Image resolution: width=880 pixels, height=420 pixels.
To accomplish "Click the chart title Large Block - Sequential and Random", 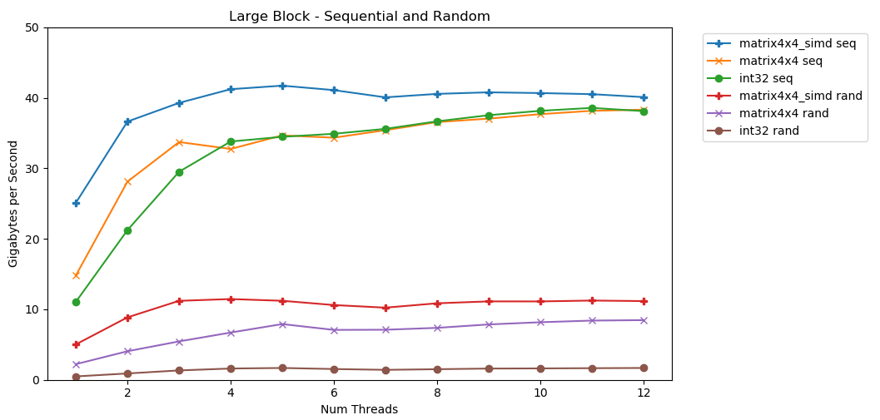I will click(360, 17).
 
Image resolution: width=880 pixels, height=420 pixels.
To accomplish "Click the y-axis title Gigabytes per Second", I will click(13, 204).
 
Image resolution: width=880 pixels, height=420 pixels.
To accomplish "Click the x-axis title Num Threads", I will click(359, 409).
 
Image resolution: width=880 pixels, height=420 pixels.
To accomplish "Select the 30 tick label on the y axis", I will click(34, 169).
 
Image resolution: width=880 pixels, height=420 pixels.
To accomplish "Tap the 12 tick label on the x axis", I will click(643, 393).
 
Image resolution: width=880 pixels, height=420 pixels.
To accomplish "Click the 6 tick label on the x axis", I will click(334, 393).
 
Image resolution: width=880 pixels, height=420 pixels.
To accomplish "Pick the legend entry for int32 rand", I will click(774, 131).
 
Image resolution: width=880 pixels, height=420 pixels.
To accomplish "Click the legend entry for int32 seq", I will click(772, 78).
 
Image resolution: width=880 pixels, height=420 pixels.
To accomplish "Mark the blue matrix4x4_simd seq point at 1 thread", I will click(76, 203).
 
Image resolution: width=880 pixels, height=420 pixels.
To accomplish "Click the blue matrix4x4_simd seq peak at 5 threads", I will click(282, 86).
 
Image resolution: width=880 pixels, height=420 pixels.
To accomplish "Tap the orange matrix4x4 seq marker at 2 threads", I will click(127, 181).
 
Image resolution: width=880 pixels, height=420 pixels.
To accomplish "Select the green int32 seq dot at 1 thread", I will click(76, 302).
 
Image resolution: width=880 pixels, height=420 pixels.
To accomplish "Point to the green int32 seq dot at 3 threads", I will click(179, 172).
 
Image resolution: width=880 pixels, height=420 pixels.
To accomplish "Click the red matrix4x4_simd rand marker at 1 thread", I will click(76, 344).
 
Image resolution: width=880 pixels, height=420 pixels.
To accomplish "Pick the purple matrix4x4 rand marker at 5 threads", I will click(282, 324).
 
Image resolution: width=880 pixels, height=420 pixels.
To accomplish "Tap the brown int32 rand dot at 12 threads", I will click(643, 368).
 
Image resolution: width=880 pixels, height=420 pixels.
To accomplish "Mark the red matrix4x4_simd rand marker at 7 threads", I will click(385, 308).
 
